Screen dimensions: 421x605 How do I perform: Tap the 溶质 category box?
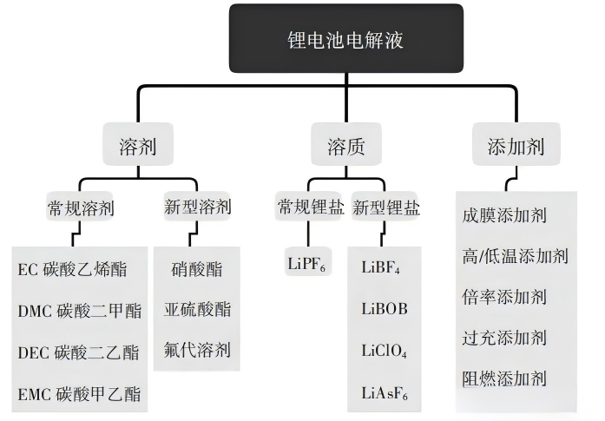pos(345,146)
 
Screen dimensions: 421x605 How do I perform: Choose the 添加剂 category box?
pos(516,146)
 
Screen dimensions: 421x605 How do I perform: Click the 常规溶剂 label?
pos(80,208)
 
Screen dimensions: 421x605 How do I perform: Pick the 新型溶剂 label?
pos(197,207)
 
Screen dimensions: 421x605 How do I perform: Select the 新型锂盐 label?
pos(385,207)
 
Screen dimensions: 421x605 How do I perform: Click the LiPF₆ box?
pos(306,263)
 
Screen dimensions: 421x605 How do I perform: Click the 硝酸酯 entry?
pos(197,269)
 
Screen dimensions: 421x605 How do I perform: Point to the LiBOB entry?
pos(384,309)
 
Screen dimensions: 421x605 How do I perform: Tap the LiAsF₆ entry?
pos(384,393)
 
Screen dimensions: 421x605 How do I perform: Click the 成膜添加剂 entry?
pos(505,215)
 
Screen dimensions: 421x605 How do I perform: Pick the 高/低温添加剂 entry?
pos(516,255)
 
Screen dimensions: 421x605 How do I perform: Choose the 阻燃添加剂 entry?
pos(505,378)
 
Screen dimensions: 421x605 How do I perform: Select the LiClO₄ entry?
pos(384,352)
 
